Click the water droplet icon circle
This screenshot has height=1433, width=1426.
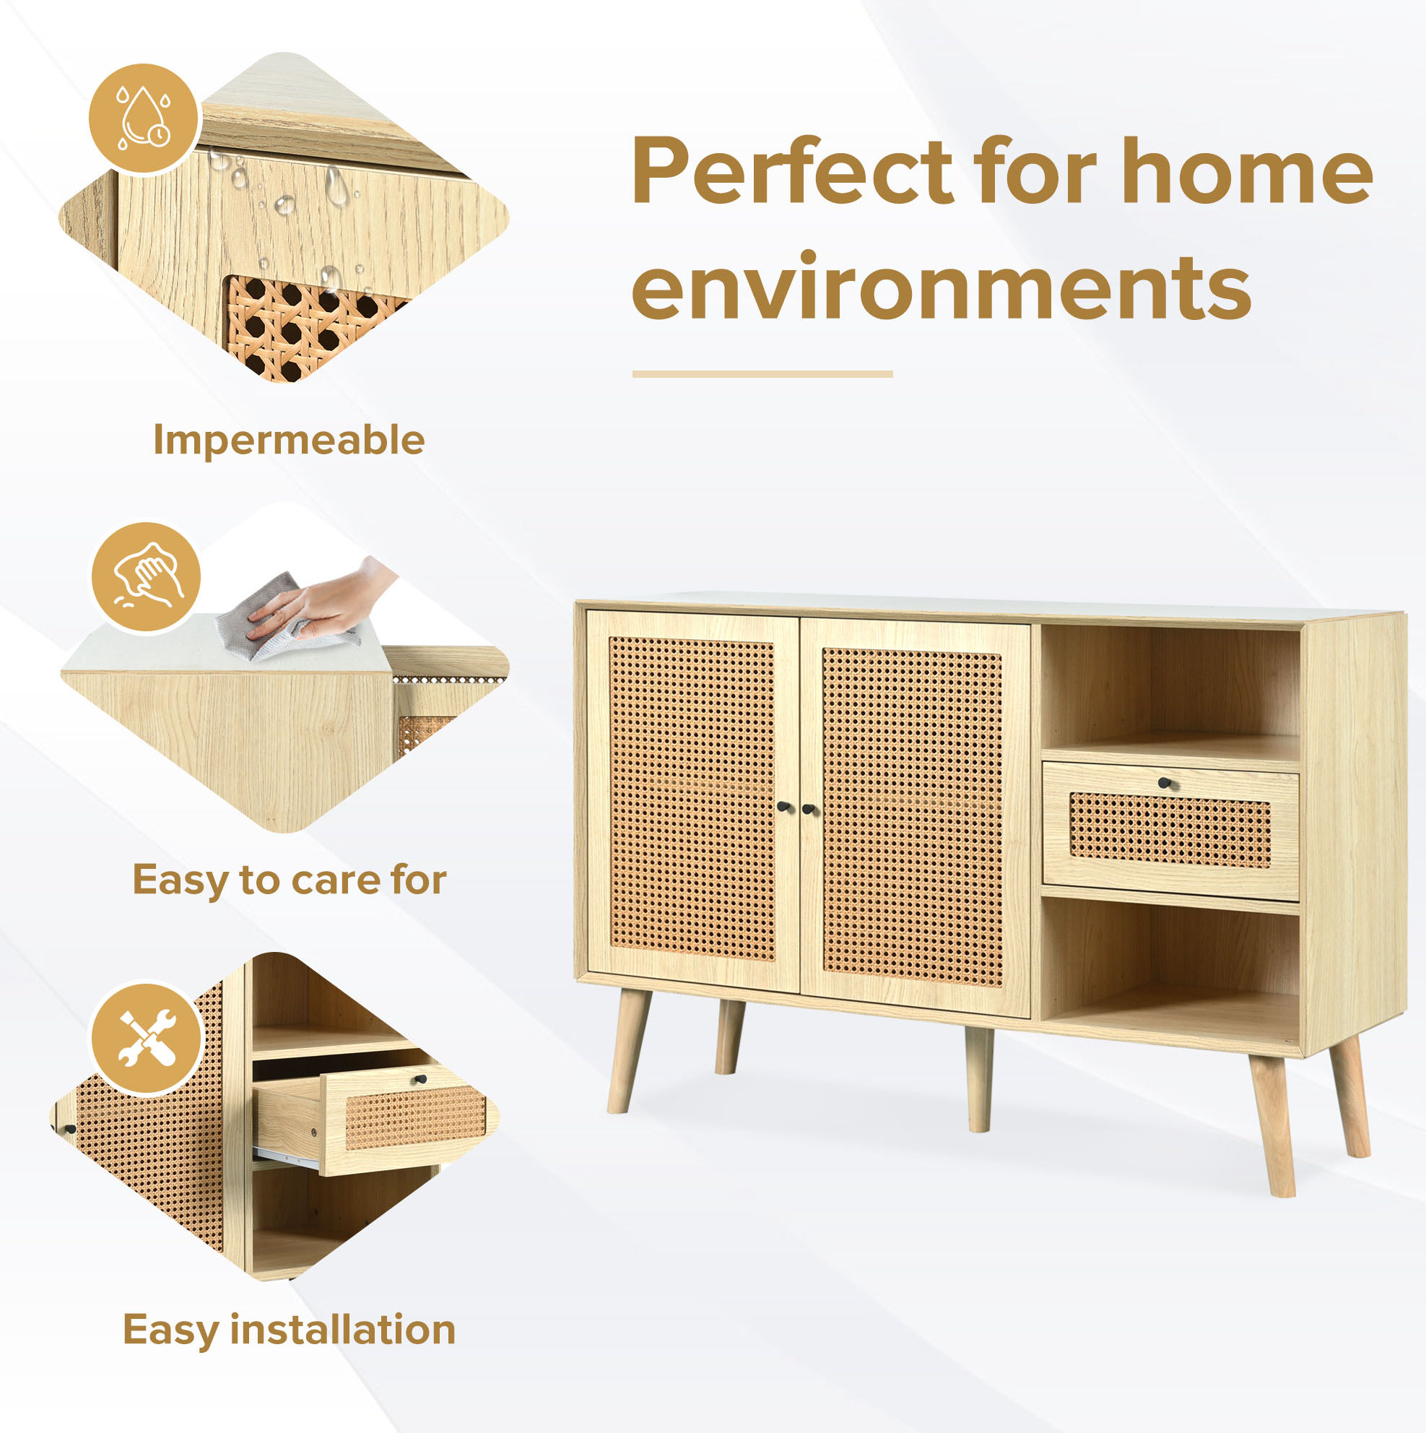tap(144, 118)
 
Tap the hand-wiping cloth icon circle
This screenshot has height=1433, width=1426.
tap(146, 576)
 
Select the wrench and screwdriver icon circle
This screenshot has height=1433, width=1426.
tap(146, 1038)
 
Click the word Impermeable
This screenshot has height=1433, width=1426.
tap(289, 441)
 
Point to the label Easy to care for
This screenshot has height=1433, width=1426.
tap(290, 880)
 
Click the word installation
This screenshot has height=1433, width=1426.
tap(342, 1328)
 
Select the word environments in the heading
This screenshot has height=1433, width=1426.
tap(941, 287)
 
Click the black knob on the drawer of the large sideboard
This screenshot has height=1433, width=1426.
tap(1163, 782)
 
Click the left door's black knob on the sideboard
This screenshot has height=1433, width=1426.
tap(783, 806)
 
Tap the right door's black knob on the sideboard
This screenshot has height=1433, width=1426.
tap(807, 808)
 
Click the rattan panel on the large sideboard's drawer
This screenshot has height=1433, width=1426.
tap(1170, 829)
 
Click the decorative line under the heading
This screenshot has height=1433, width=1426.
tap(762, 375)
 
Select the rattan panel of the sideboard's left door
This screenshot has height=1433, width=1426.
tap(692, 798)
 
